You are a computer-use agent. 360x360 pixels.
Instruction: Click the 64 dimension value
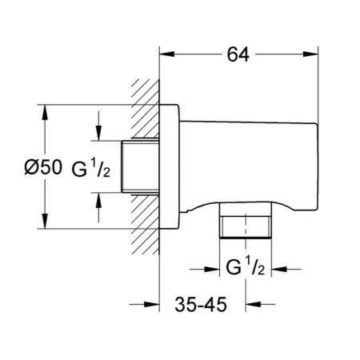pos(238,54)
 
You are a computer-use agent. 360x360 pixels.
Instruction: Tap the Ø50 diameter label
pos(43,167)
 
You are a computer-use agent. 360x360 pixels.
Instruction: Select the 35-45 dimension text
pos(201,304)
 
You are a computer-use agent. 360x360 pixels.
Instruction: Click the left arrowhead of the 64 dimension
pos(167,54)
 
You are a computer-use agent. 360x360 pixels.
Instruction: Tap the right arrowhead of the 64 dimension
pos(310,54)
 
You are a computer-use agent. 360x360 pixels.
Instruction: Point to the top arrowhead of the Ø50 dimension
pos(45,113)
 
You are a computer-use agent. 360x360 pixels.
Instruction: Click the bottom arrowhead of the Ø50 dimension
pos(45,221)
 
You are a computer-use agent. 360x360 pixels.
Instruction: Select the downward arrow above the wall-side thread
pos(98,126)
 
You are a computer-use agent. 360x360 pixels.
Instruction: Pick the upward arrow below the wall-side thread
pos(98,207)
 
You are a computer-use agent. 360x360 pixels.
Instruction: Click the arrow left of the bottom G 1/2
pos(205,270)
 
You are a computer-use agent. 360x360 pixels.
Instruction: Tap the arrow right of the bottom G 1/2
pos(286,270)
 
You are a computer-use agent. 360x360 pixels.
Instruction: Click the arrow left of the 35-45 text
pos(145,304)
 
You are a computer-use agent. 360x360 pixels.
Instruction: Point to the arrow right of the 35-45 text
pos(261,304)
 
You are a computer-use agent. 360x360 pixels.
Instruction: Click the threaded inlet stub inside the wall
pos(140,166)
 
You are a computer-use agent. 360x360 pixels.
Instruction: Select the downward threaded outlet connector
pos(246,220)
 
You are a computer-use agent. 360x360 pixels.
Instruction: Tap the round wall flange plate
pos(169,166)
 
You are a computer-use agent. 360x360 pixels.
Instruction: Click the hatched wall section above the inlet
pos(146,109)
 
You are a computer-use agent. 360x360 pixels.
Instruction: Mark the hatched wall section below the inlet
pos(146,224)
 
